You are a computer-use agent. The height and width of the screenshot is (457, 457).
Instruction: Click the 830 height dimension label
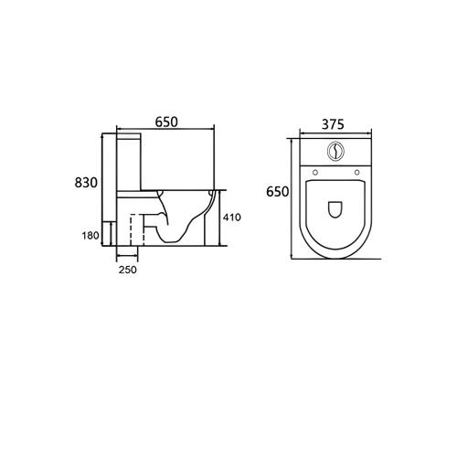point(86,183)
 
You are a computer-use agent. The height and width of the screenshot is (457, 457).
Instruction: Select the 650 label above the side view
point(166,122)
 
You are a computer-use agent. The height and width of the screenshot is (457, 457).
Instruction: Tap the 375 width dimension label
point(333,124)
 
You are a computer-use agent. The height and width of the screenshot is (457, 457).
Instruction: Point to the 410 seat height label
point(232,218)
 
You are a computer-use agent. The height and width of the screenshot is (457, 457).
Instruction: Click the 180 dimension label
point(90,235)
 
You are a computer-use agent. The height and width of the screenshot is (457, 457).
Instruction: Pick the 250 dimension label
point(128,270)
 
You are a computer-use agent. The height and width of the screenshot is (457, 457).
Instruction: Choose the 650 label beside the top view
point(278,192)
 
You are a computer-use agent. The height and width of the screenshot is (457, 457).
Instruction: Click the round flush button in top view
point(335,151)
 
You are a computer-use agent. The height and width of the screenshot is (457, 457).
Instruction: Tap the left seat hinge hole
point(315,173)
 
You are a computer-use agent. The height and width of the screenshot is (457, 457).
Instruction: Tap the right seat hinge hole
point(356,173)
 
